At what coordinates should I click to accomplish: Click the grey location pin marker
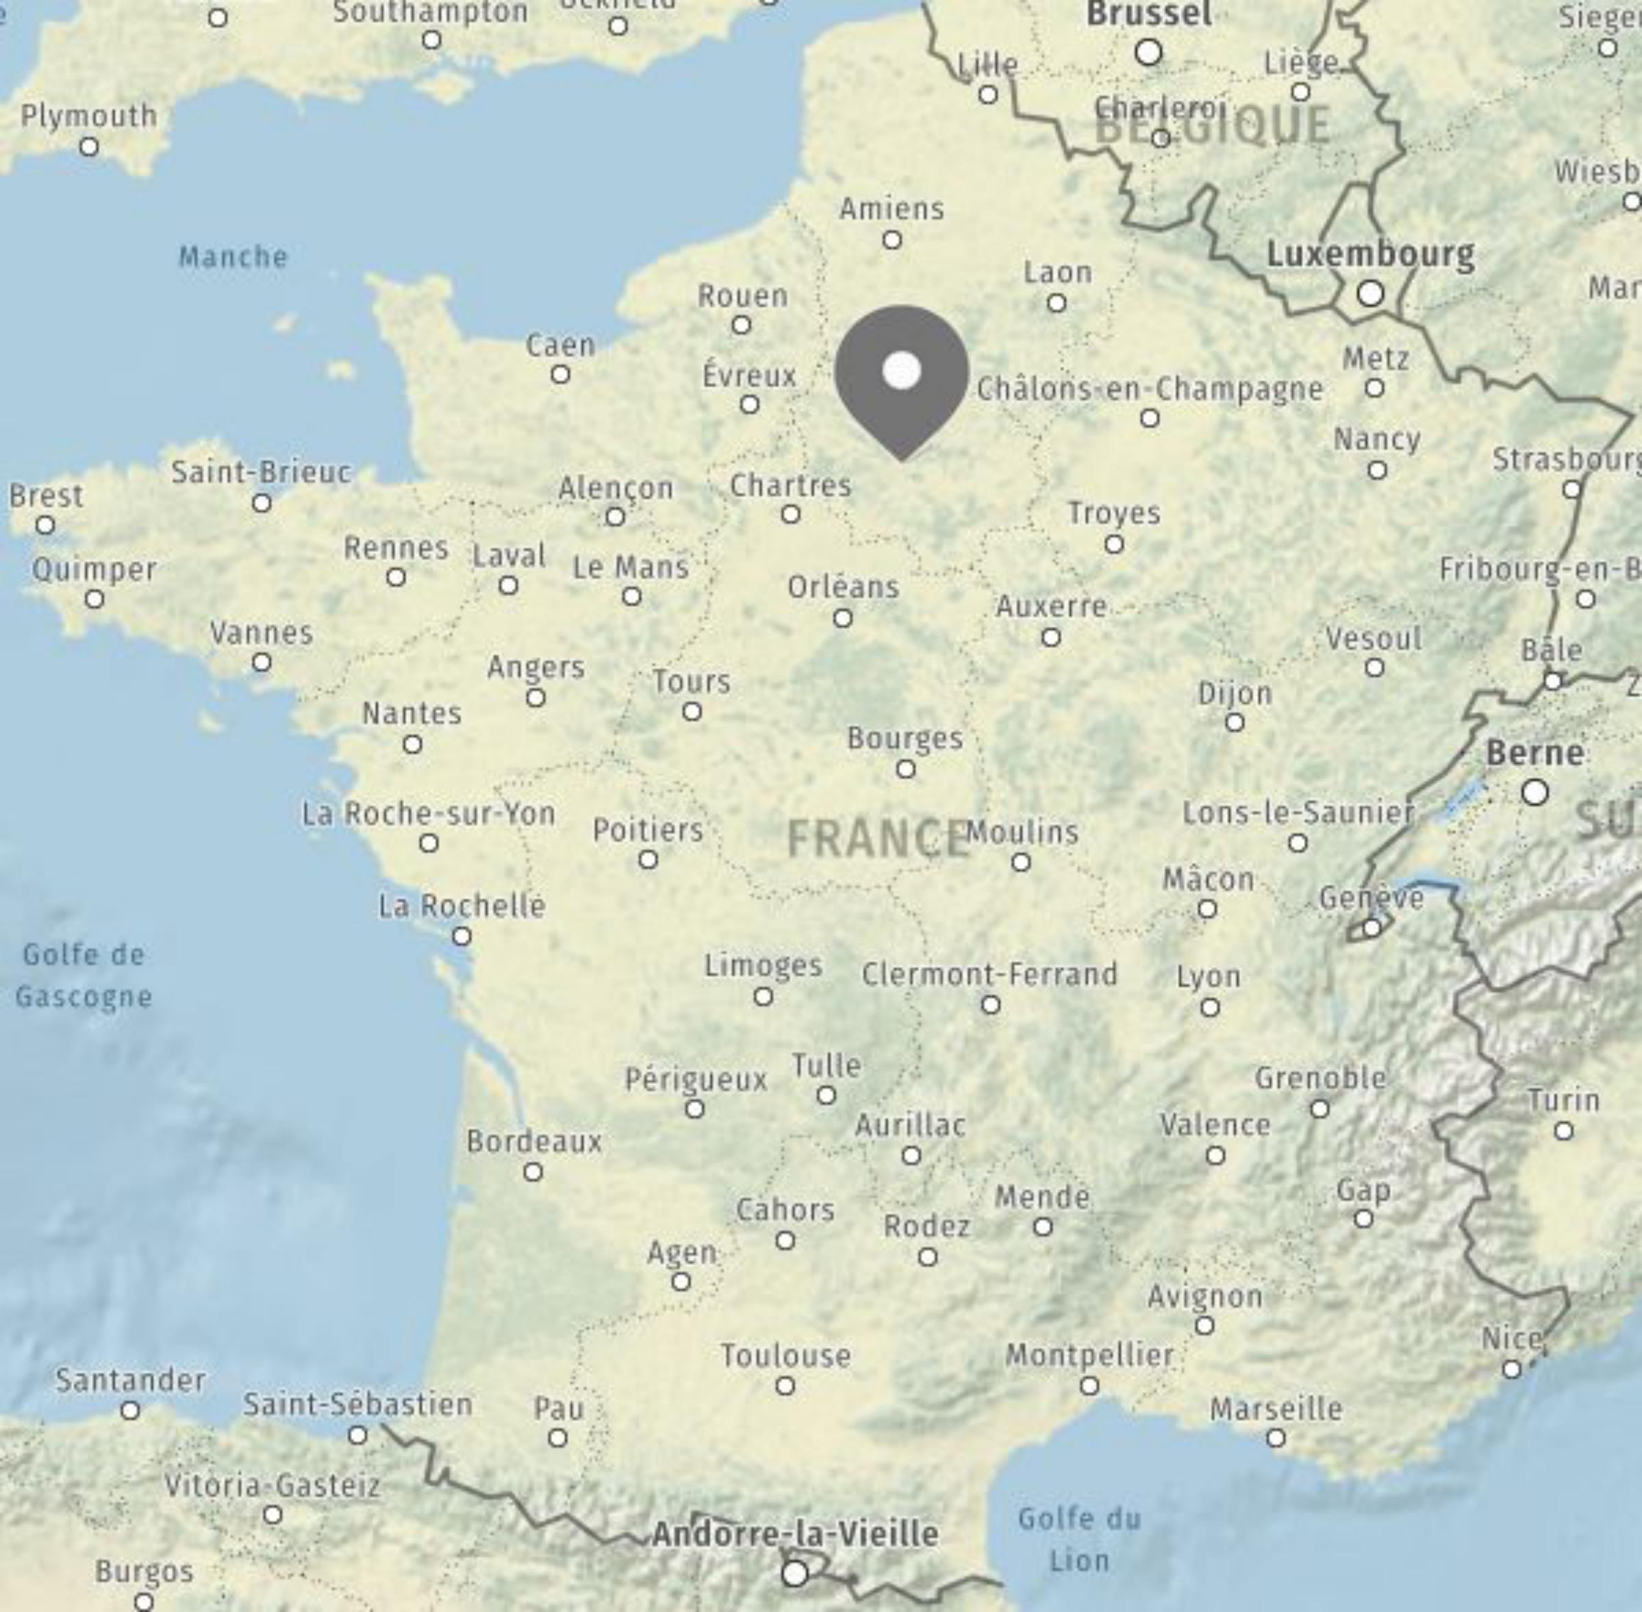coord(901,373)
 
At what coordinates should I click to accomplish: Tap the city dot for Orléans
coord(842,618)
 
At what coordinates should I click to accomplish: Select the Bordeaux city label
coord(534,1142)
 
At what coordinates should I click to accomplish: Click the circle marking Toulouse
coord(785,1386)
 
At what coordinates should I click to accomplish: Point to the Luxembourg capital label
coord(1370,254)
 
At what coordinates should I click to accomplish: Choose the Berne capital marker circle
coord(1534,793)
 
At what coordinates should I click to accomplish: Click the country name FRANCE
coord(878,839)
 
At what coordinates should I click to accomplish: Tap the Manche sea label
coord(233,256)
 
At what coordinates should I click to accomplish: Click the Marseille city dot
coord(1276,1437)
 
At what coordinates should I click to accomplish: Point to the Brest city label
coord(47,495)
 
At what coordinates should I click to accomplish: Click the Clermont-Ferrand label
coord(989,974)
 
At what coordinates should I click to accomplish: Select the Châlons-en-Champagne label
coord(1150,389)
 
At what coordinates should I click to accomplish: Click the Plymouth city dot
coord(89,147)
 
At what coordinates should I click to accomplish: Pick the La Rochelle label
coord(462,907)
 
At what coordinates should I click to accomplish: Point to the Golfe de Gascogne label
coord(84,976)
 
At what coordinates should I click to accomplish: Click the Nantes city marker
coord(412,744)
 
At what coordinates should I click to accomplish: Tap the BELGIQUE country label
coord(1212,127)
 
